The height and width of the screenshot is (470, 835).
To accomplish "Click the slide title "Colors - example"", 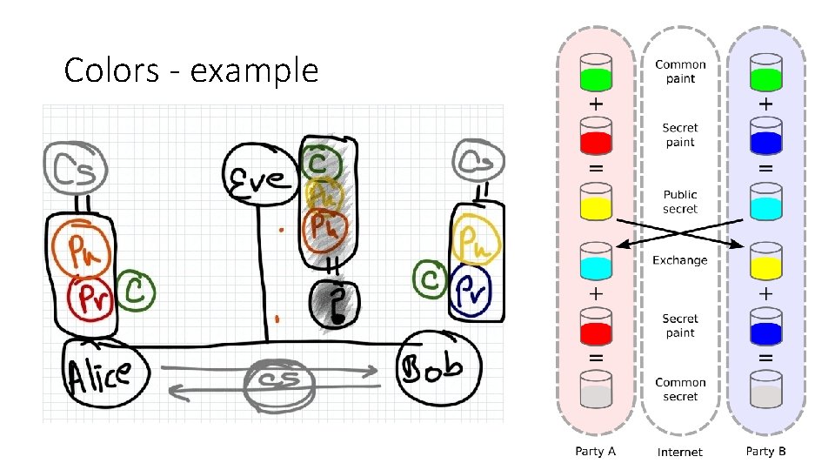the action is [191, 70].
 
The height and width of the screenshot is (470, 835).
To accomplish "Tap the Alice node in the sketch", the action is [99, 373].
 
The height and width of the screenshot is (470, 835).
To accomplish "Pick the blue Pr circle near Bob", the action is [471, 288].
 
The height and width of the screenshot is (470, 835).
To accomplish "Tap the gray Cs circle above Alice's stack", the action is [76, 168].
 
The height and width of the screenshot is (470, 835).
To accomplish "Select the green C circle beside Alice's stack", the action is [135, 291].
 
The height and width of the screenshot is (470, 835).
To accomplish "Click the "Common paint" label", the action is [680, 71].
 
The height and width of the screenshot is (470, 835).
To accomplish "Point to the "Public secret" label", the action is [680, 202].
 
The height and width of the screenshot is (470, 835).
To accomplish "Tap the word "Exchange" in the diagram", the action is [680, 260].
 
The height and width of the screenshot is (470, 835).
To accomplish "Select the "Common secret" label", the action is [680, 389].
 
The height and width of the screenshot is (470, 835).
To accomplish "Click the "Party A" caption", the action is [596, 451].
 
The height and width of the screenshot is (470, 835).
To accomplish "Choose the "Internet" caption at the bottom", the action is [680, 452].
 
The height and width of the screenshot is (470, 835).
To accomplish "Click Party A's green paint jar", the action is [596, 73].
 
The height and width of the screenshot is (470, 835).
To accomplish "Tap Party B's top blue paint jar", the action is [765, 137].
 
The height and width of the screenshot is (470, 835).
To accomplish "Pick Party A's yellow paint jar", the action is [596, 201].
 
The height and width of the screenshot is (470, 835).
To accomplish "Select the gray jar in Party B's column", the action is [765, 391].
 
